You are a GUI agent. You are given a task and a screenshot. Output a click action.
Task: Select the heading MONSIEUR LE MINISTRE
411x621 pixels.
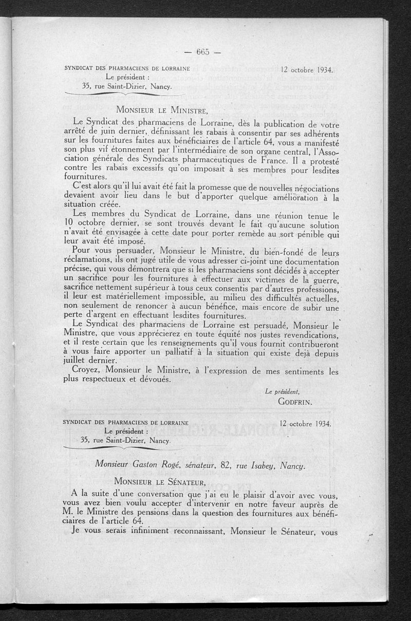162,109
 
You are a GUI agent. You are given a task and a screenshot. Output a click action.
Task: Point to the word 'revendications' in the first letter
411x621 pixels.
304,334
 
